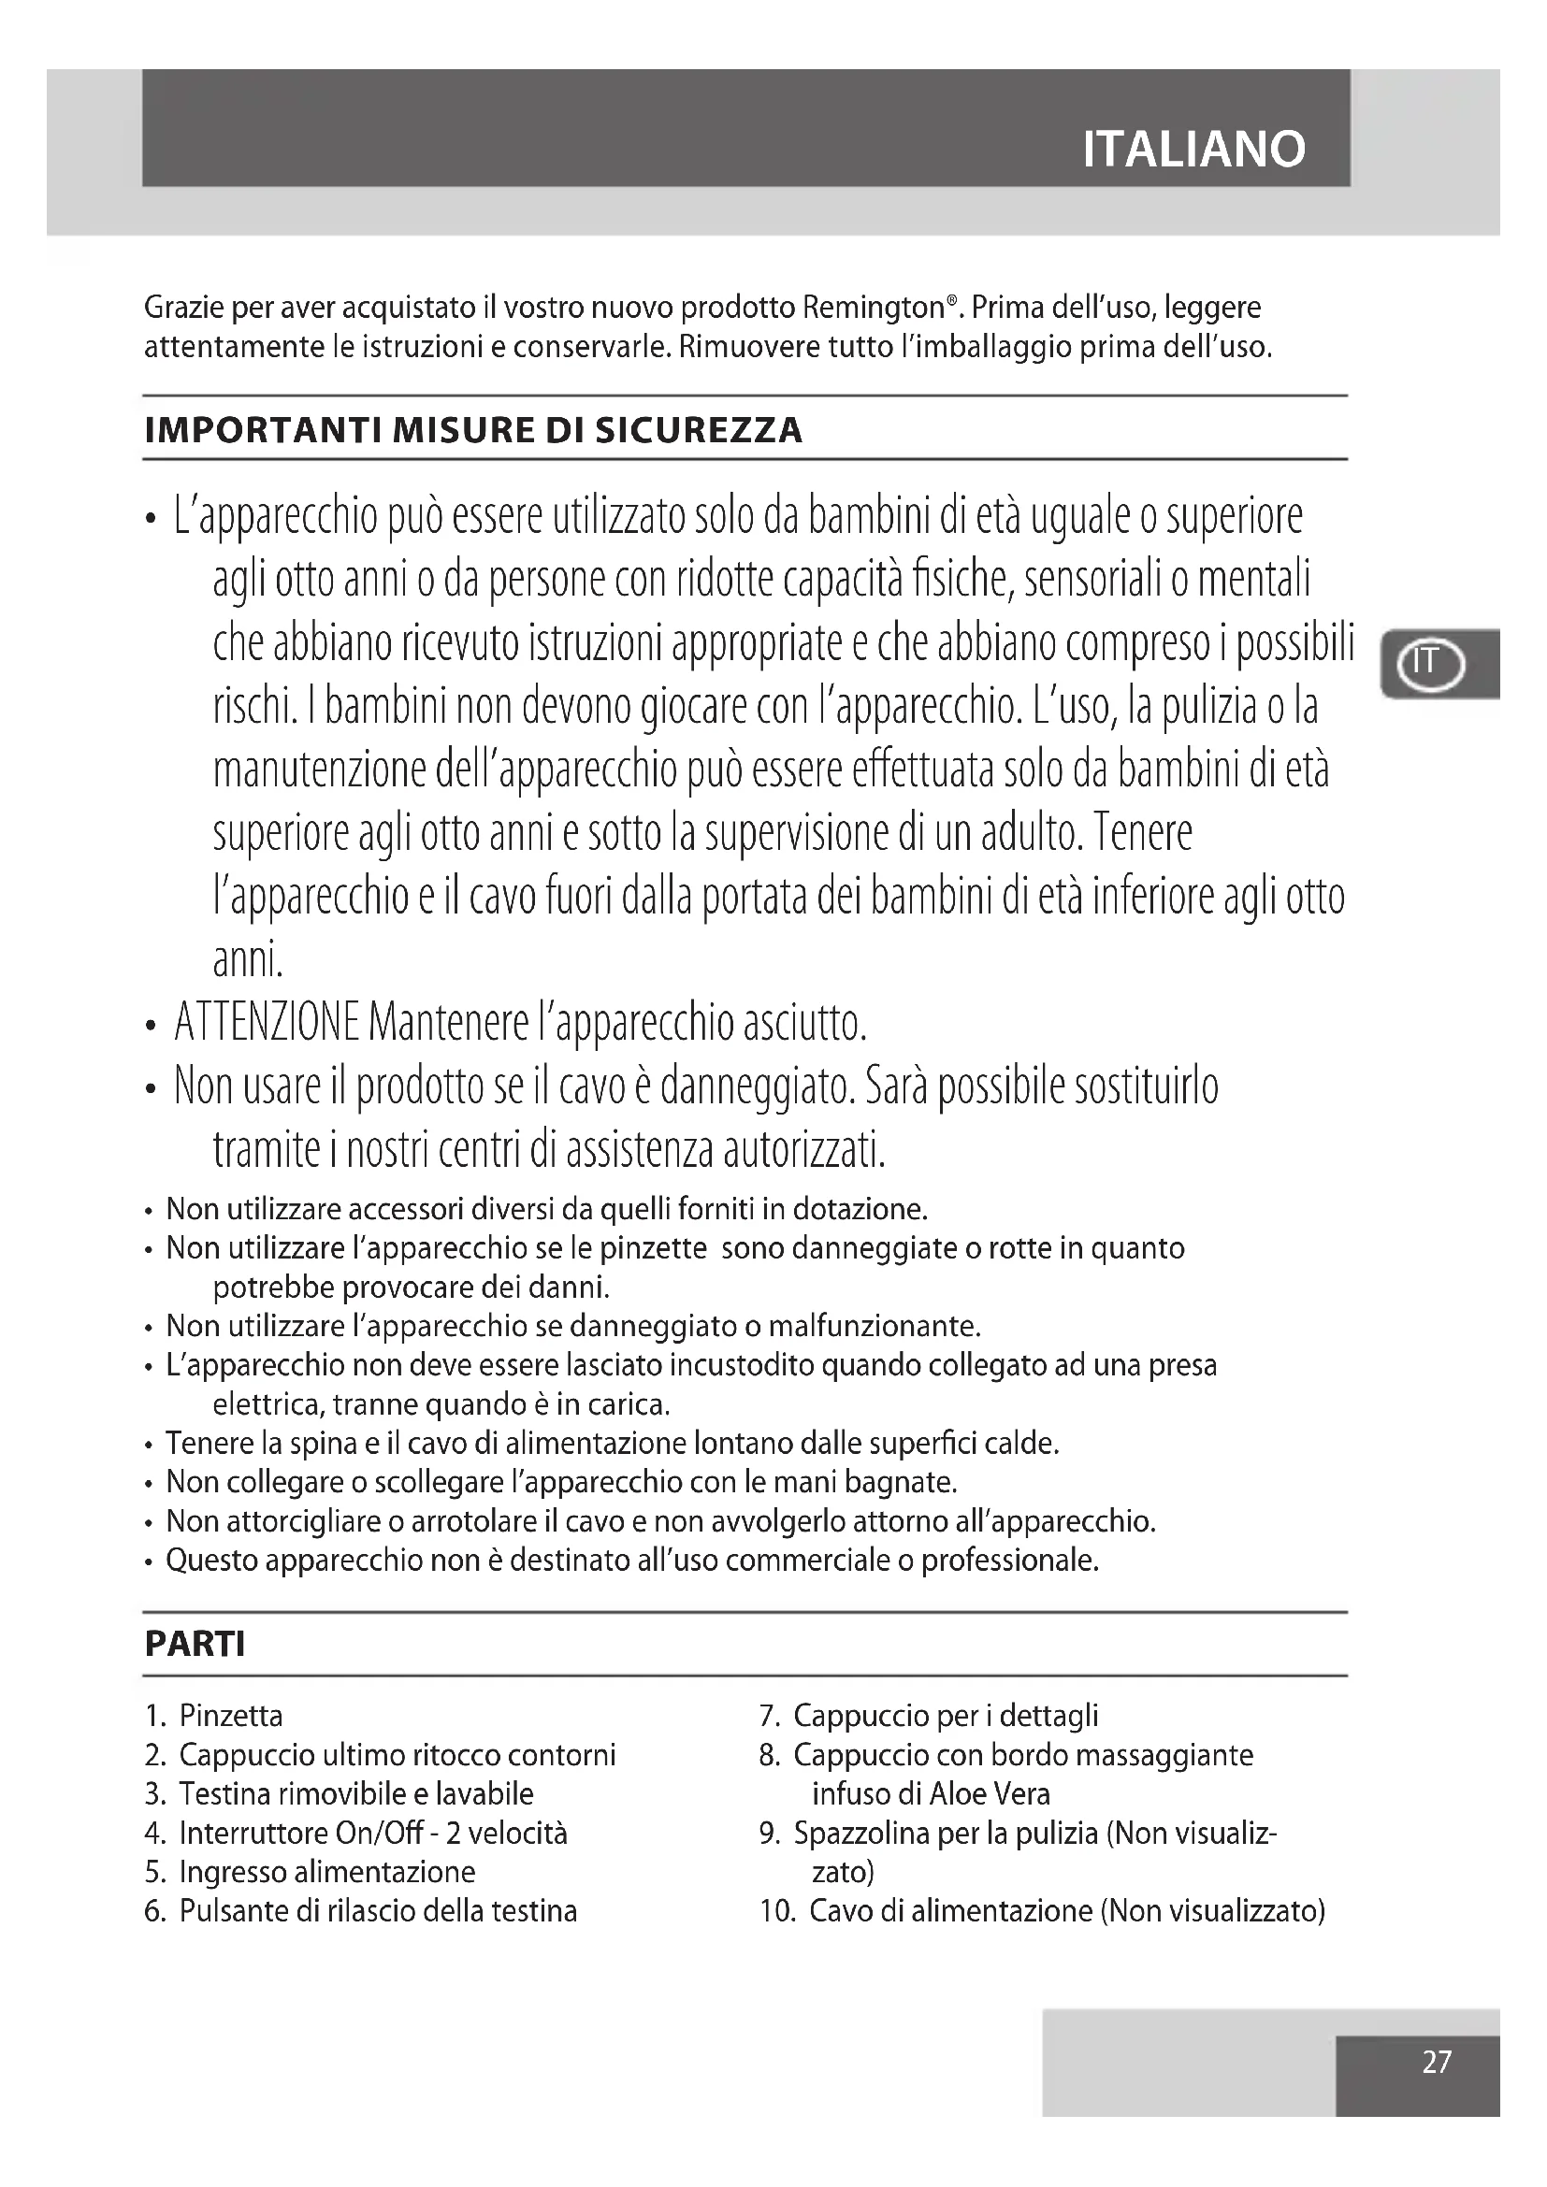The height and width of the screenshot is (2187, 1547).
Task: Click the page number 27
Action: coord(1436,2062)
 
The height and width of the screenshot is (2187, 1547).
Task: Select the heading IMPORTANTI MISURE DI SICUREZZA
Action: coord(473,430)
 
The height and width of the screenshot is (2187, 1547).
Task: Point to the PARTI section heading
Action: coord(195,1643)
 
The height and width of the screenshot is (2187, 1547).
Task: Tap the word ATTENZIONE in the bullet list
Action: coord(267,1023)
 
